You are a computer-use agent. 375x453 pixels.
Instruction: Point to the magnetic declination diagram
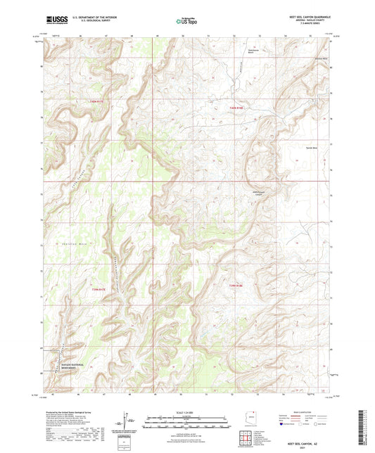coord(125,426)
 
